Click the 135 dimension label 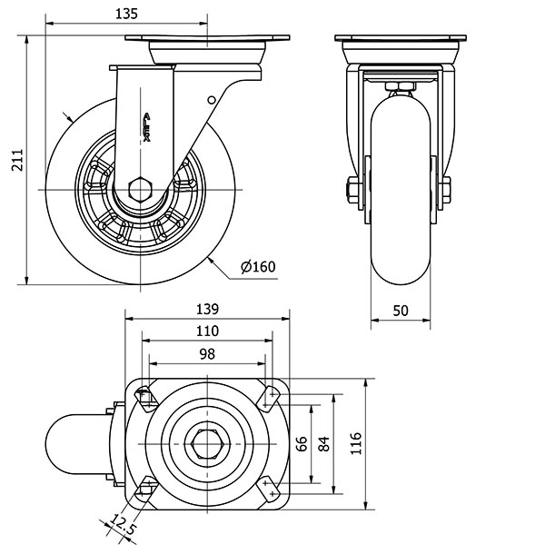(x=126, y=14)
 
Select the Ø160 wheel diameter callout (x=258, y=266)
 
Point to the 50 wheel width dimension (x=401, y=310)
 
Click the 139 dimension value (x=208, y=308)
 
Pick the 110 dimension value (x=208, y=331)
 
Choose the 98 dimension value (x=208, y=354)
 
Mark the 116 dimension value (x=356, y=443)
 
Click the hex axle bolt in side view (x=141, y=190)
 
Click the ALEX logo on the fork (x=147, y=127)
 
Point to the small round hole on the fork (x=212, y=100)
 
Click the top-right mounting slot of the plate (x=271, y=394)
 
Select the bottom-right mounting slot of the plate (x=270, y=493)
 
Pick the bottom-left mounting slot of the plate (x=144, y=492)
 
